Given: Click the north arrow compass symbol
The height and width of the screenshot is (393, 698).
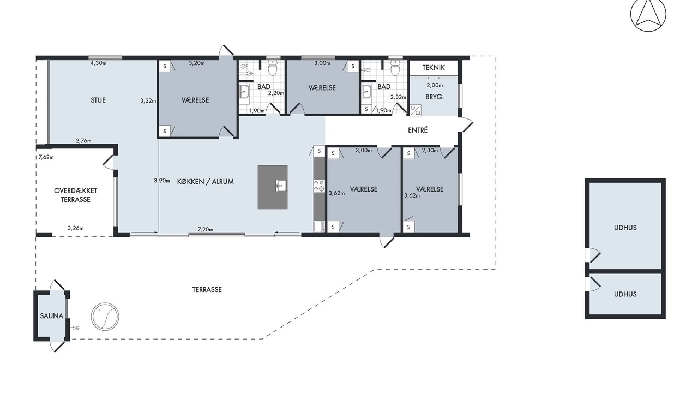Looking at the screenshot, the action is point(648,14).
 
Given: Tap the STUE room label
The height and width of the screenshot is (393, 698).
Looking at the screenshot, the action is point(98,100).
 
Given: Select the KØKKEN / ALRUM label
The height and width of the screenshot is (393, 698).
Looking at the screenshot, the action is point(206,182).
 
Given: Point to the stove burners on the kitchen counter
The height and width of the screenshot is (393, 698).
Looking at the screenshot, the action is point(319,186).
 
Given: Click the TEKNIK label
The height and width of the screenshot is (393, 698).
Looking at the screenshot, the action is point(434,68).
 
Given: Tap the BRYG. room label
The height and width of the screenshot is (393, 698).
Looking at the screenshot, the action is point(435,97).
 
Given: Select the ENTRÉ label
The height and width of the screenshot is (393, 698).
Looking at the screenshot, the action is point(418,130).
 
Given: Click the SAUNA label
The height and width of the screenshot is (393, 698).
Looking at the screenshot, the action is point(52,316).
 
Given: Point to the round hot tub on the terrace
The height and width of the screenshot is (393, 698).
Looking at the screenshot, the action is point(105,316).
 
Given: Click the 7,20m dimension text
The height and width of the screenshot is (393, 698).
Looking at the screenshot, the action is point(206,230).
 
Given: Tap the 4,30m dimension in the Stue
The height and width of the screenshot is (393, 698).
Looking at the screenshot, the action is point(99,63).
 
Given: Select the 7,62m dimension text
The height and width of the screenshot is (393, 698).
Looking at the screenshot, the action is point(46,157).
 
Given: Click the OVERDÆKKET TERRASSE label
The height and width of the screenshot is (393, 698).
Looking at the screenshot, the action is point(75,195).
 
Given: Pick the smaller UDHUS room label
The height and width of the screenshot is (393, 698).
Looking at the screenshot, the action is point(625,294).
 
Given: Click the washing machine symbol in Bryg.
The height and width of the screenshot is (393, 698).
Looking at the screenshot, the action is point(416,110).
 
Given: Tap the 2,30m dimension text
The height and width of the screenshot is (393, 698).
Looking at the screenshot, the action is point(430,150).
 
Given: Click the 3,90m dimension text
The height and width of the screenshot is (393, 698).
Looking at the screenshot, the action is point(162,181).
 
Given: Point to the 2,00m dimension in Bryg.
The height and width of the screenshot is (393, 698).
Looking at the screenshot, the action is point(435,85).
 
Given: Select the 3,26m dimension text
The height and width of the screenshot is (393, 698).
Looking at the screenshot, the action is point(76,228).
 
